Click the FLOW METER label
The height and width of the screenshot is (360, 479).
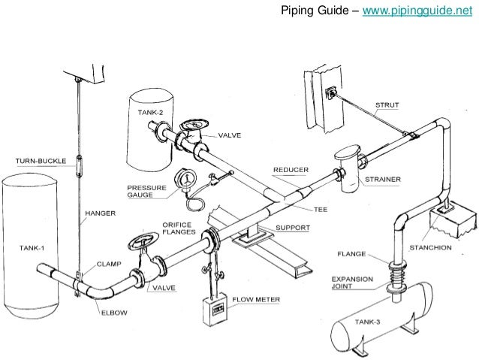click(256, 299)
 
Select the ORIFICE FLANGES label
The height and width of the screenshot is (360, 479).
click(179, 228)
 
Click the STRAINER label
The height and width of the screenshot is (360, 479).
click(382, 180)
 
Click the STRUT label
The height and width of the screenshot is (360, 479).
click(387, 104)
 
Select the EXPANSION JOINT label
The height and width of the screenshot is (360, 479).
click(352, 282)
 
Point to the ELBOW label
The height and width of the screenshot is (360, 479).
click(114, 313)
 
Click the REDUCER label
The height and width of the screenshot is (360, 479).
click(291, 170)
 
